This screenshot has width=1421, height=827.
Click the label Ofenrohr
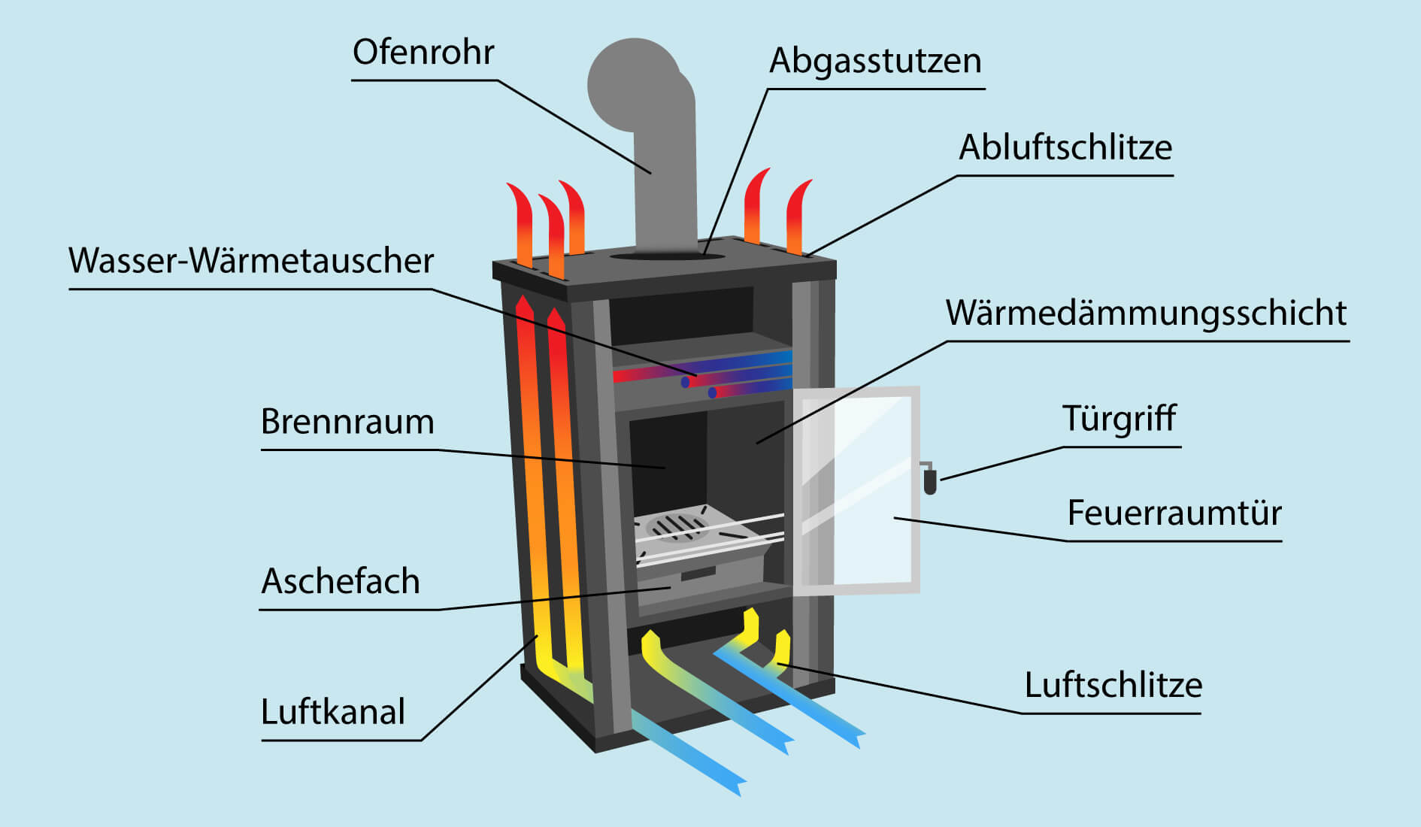coord(423,53)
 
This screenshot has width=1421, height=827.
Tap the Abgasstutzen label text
coord(875,62)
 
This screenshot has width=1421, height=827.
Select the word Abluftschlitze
coord(1065,148)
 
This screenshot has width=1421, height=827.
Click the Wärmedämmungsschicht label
coord(1146,314)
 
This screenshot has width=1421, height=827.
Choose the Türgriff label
coord(1119,420)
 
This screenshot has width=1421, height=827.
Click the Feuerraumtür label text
coord(1174,513)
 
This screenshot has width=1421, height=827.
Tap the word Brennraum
coord(347,422)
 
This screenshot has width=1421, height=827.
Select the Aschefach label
coord(340,582)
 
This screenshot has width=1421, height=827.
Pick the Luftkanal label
coord(332,712)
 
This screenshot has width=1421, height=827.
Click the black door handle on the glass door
coord(930,480)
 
